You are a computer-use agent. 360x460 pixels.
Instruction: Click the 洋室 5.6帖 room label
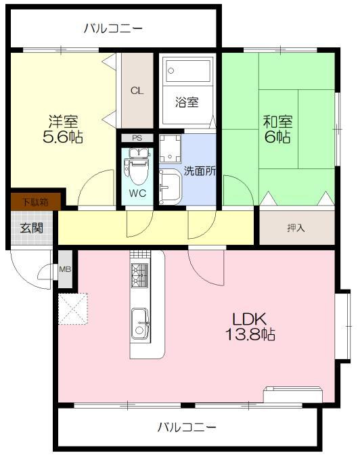[x=63, y=129]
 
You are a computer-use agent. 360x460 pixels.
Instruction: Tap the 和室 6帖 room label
[x=278, y=129]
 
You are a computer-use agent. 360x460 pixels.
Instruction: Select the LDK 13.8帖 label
[x=250, y=326]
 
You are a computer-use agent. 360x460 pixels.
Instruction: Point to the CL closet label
[x=137, y=91]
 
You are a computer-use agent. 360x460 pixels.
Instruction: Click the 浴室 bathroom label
[x=187, y=101]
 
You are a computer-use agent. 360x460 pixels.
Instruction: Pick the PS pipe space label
[x=137, y=138]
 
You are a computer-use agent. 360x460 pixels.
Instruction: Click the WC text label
[x=137, y=193]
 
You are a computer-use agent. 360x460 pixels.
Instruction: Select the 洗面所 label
[x=200, y=171]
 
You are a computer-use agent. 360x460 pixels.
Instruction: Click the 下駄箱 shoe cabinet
[x=36, y=202]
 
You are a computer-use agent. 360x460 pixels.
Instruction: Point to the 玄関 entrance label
[x=31, y=228]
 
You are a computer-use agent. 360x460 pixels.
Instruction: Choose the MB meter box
[x=65, y=269]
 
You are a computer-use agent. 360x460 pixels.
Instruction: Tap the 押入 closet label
[x=296, y=228]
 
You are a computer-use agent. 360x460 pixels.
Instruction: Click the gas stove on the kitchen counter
[x=139, y=275]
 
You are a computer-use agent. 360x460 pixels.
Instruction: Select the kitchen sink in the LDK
[x=139, y=323]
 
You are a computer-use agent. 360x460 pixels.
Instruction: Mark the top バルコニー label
[x=113, y=28]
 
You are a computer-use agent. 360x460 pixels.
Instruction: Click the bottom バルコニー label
[x=187, y=427]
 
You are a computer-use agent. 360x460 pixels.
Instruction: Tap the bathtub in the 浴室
[x=187, y=70]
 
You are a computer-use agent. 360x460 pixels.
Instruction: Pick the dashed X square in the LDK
[x=73, y=308]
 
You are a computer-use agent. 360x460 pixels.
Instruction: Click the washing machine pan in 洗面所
[x=170, y=149]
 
